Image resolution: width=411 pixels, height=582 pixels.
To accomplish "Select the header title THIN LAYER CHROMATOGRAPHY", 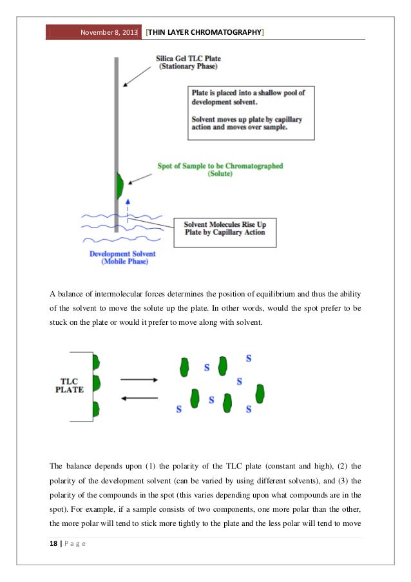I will click(x=205, y=32).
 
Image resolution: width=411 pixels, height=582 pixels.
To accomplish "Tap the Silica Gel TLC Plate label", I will click(x=187, y=61).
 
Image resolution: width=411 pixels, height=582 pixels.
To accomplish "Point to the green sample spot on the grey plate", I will click(x=119, y=186).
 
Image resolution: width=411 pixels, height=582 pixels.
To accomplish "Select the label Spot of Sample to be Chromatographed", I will click(x=220, y=166).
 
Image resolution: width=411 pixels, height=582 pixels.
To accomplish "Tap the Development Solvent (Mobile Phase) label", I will click(x=122, y=257).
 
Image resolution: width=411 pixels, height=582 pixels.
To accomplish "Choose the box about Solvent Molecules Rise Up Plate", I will click(x=225, y=228).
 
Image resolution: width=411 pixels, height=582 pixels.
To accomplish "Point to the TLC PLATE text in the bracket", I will click(x=69, y=384).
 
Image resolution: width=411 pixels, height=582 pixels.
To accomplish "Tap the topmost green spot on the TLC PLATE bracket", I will click(x=97, y=362).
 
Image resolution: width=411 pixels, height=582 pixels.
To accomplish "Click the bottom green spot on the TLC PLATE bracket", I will click(x=97, y=409).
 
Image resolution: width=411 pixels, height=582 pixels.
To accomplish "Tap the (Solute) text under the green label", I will click(x=220, y=175).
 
